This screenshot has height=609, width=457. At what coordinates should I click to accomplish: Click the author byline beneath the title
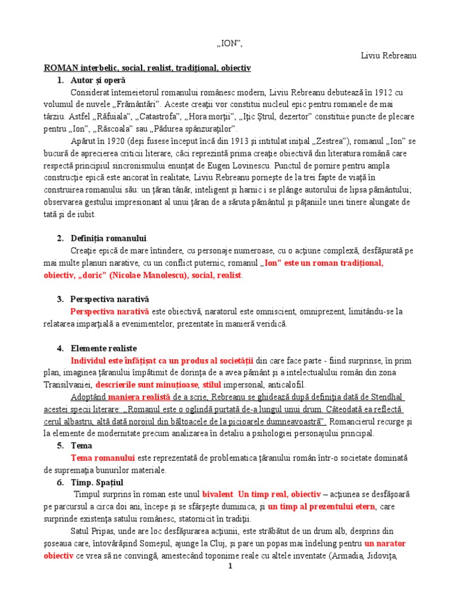tap(389, 55)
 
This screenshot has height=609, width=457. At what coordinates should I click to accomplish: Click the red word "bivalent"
tap(218, 494)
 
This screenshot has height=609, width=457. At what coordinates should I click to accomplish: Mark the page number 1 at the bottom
tap(229, 566)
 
